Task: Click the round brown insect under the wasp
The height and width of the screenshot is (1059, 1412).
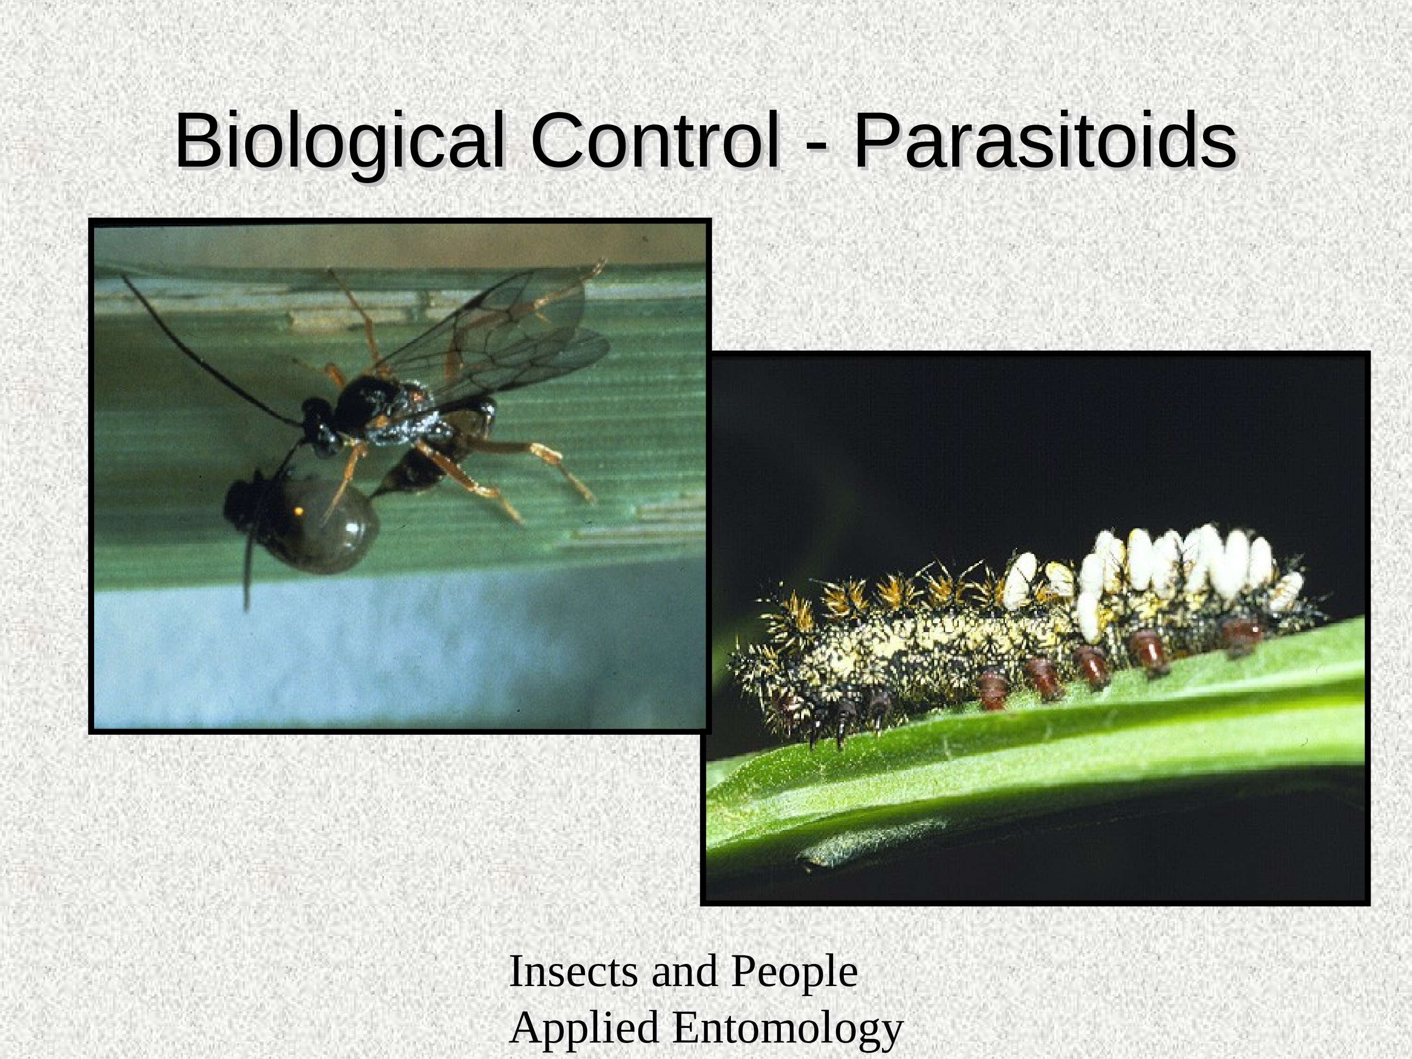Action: click(x=300, y=520)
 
